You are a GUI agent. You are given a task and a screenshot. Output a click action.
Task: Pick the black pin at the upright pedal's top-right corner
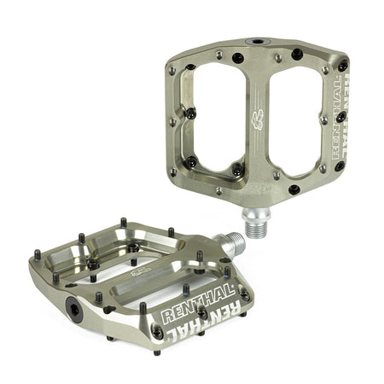pyautogui.click(x=343, y=65)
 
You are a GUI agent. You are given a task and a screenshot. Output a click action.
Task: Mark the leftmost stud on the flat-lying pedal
pyautogui.click(x=38, y=254)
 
